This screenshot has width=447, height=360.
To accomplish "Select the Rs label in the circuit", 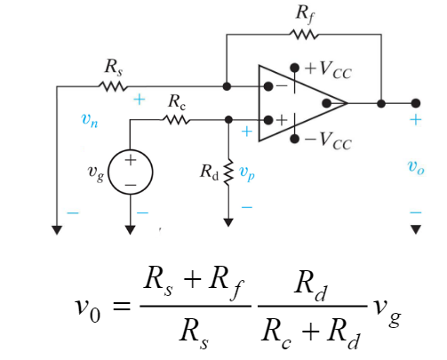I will (x=113, y=67).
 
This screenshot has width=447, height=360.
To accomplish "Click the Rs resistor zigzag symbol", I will (x=114, y=86).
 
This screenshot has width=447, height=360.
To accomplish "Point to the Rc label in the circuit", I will (x=177, y=102).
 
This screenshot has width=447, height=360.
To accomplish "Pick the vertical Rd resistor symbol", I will (x=228, y=169).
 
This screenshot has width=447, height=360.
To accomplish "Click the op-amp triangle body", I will (x=298, y=103).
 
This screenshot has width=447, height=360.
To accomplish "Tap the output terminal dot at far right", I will (x=415, y=103).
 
